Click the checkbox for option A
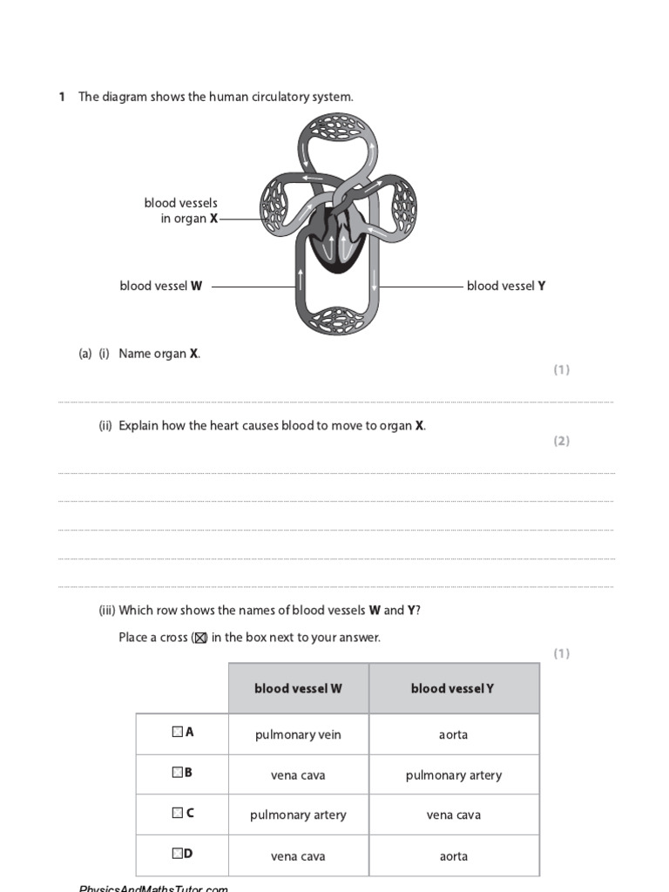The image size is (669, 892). coord(178,733)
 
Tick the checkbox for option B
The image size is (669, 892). coord(178,773)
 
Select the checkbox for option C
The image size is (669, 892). coord(178,813)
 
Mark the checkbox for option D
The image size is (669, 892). coord(178,854)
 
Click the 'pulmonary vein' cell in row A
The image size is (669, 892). coord(298,734)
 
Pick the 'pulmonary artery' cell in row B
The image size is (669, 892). coord(454,775)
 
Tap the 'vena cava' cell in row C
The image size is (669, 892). coord(454,815)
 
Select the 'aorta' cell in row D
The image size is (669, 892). coord(454,856)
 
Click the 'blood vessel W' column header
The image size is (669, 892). coord(298,688)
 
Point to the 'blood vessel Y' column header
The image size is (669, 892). coord(453,688)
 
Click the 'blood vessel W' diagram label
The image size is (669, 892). coord(161,286)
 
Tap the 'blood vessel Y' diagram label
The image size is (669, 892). coord(506,286)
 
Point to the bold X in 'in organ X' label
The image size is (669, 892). coord(213,219)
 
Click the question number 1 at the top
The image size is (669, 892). coord(62,97)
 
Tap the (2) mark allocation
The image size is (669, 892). coord(561,441)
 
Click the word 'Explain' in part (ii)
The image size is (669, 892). coord(139,426)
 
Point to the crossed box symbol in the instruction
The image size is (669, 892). coord(199,638)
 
